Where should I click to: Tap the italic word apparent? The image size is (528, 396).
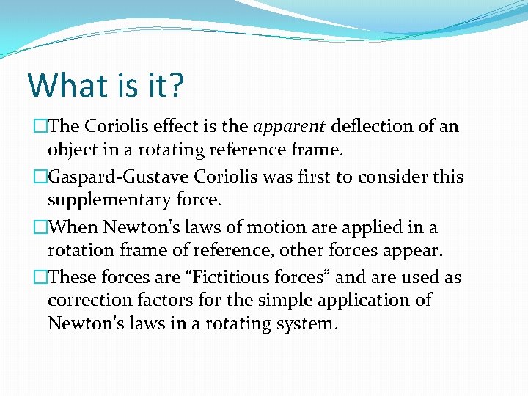(289, 127)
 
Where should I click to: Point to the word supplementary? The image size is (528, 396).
(109, 199)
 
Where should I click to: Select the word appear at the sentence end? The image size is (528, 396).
(417, 251)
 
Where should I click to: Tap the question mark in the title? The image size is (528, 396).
(176, 85)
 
